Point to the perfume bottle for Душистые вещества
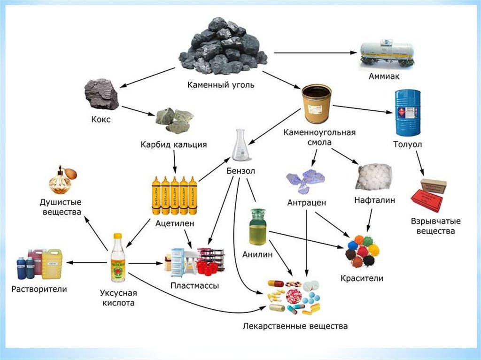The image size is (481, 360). (x=61, y=181)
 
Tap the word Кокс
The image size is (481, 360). (x=101, y=119)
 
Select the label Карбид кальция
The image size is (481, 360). (x=173, y=145)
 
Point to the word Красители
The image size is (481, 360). (x=362, y=278)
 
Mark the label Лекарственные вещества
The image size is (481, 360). (x=295, y=325)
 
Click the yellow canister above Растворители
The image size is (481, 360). (x=52, y=263)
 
